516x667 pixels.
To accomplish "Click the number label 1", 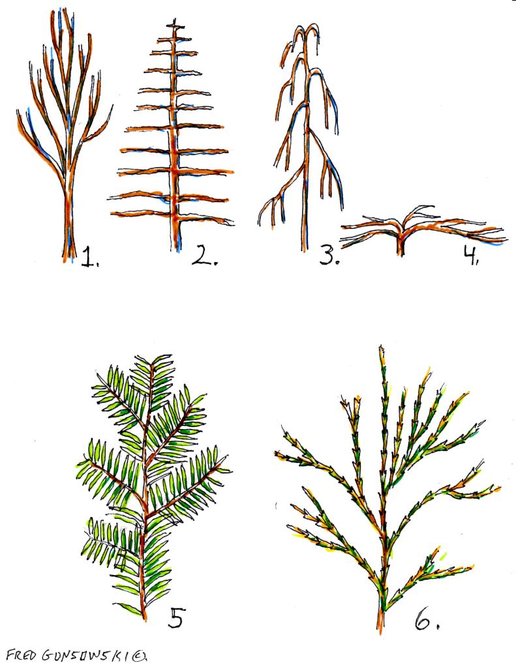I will tap(88, 256).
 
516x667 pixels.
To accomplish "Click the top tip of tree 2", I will tap(174, 24).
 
